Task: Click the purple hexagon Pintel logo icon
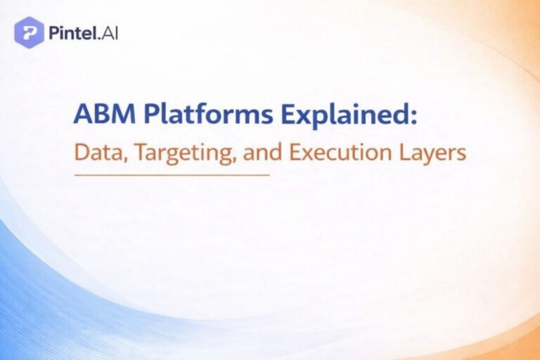coord(29,32)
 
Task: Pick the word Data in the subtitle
coord(95,153)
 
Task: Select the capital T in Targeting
coord(131,153)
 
